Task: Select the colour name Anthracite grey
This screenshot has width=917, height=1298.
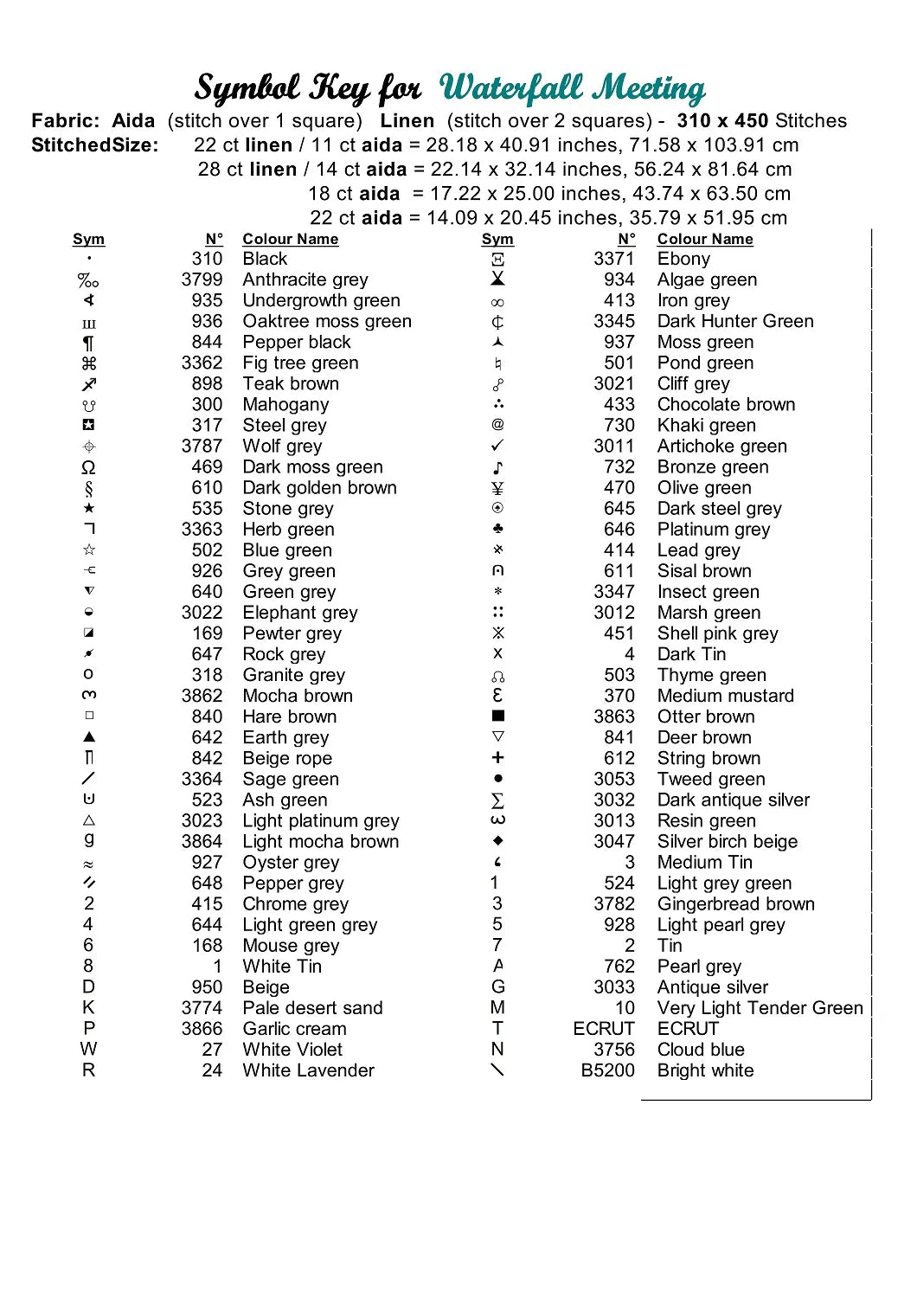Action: [x=305, y=280]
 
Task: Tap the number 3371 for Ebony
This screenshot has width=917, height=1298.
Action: [x=613, y=259]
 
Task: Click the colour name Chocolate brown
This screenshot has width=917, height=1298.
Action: [x=726, y=404]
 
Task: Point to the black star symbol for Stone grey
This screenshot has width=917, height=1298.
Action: [x=89, y=508]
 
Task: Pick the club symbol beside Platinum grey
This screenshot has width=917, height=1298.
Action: [x=497, y=529]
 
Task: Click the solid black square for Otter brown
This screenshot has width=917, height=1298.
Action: [x=497, y=716]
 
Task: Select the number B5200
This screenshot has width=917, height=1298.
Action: [x=607, y=1070]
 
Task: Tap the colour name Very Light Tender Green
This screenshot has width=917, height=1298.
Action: [x=760, y=1008]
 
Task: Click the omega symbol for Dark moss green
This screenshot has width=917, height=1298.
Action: [x=88, y=467]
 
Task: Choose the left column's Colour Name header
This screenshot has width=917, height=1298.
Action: [x=290, y=239]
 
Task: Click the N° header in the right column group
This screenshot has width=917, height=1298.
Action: [x=626, y=239]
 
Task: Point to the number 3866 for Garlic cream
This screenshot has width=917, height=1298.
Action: [x=202, y=1029]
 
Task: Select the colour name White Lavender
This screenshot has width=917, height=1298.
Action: [x=308, y=1070]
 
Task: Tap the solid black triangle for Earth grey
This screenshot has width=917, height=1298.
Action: [x=89, y=737]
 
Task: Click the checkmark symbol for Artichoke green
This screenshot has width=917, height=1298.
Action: [x=497, y=446]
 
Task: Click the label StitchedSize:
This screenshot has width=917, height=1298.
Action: [x=95, y=145]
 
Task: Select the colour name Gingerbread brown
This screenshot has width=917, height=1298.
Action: [x=735, y=904]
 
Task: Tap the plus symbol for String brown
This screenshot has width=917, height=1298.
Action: [x=497, y=757]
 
